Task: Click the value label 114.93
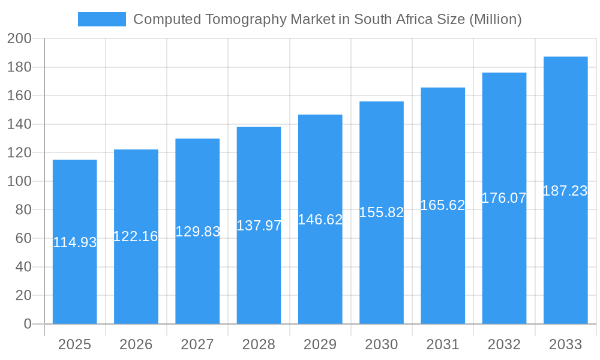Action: pyautogui.click(x=75, y=242)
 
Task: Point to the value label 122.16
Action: pyautogui.click(x=136, y=236)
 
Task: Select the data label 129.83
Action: pyautogui.click(x=197, y=232)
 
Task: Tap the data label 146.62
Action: pyautogui.click(x=320, y=220)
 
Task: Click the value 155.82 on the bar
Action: pyautogui.click(x=382, y=212)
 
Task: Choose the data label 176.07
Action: pyautogui.click(x=504, y=198)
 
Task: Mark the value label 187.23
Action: pyautogui.click(x=565, y=191)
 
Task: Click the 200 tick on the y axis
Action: pyautogui.click(x=19, y=38)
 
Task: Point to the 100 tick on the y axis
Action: pyautogui.click(x=19, y=181)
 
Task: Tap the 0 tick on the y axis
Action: pyautogui.click(x=28, y=324)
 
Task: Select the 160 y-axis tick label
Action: pyautogui.click(x=19, y=95)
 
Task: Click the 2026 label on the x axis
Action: pyautogui.click(x=136, y=344)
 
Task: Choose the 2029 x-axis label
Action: pyautogui.click(x=320, y=344)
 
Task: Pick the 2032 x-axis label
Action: pyautogui.click(x=504, y=344)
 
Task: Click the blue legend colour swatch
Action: pyautogui.click(x=102, y=19)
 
